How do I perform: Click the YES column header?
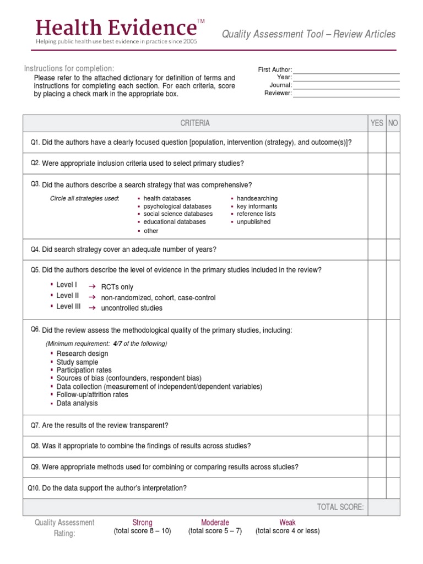(377, 123)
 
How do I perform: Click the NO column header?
(393, 123)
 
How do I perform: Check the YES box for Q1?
(377, 142)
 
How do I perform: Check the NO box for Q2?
(393, 164)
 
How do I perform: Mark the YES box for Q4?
(377, 250)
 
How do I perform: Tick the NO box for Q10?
(393, 488)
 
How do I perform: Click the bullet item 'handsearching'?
(257, 198)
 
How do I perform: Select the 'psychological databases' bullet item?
(177, 206)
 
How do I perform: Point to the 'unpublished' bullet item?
(253, 222)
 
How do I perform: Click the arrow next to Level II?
(93, 297)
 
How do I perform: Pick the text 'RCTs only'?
(117, 287)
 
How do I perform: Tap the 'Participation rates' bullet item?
(84, 370)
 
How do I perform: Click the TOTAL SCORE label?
(340, 507)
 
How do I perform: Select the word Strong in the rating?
(142, 522)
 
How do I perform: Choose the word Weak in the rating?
(287, 522)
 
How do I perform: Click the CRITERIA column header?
(195, 123)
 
